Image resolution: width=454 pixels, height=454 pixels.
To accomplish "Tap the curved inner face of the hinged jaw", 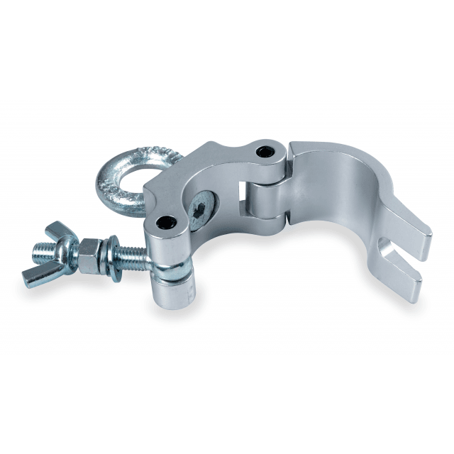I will point(333,192).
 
